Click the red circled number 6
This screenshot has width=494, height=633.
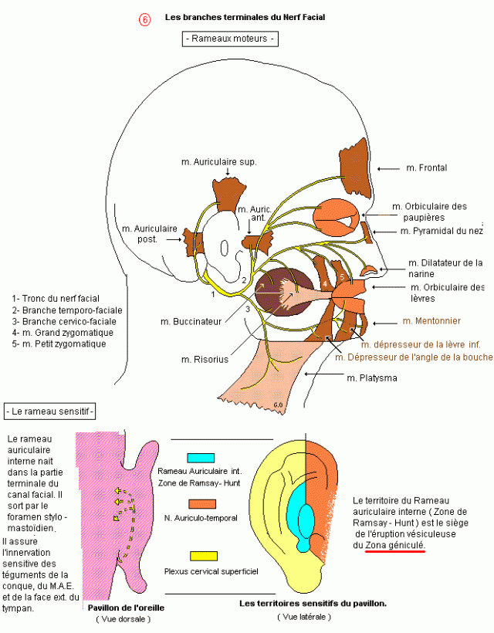(x=145, y=19)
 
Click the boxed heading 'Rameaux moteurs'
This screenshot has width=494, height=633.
(x=230, y=39)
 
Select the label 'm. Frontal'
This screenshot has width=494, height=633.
(x=427, y=168)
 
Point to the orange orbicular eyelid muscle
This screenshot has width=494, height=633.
(x=336, y=217)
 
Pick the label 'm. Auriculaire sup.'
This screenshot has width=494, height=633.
(x=218, y=162)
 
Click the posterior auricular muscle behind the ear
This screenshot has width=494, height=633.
(x=194, y=242)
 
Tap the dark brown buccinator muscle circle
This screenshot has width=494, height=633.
(x=283, y=292)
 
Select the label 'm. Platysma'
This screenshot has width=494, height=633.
(x=372, y=378)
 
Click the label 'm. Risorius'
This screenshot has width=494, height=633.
(x=205, y=359)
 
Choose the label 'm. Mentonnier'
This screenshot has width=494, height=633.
(x=431, y=321)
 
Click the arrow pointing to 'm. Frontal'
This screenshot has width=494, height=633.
(x=389, y=168)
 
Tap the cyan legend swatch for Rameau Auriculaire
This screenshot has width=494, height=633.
(x=201, y=458)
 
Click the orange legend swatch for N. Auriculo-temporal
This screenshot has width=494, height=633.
(x=202, y=504)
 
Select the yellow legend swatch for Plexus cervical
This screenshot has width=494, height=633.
(x=204, y=557)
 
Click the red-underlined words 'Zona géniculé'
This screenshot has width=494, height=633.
(x=394, y=546)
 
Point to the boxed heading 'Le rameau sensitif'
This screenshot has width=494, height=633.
(x=50, y=411)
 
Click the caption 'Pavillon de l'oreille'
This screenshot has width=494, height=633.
(x=126, y=608)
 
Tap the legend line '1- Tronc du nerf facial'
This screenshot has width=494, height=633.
(x=56, y=299)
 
